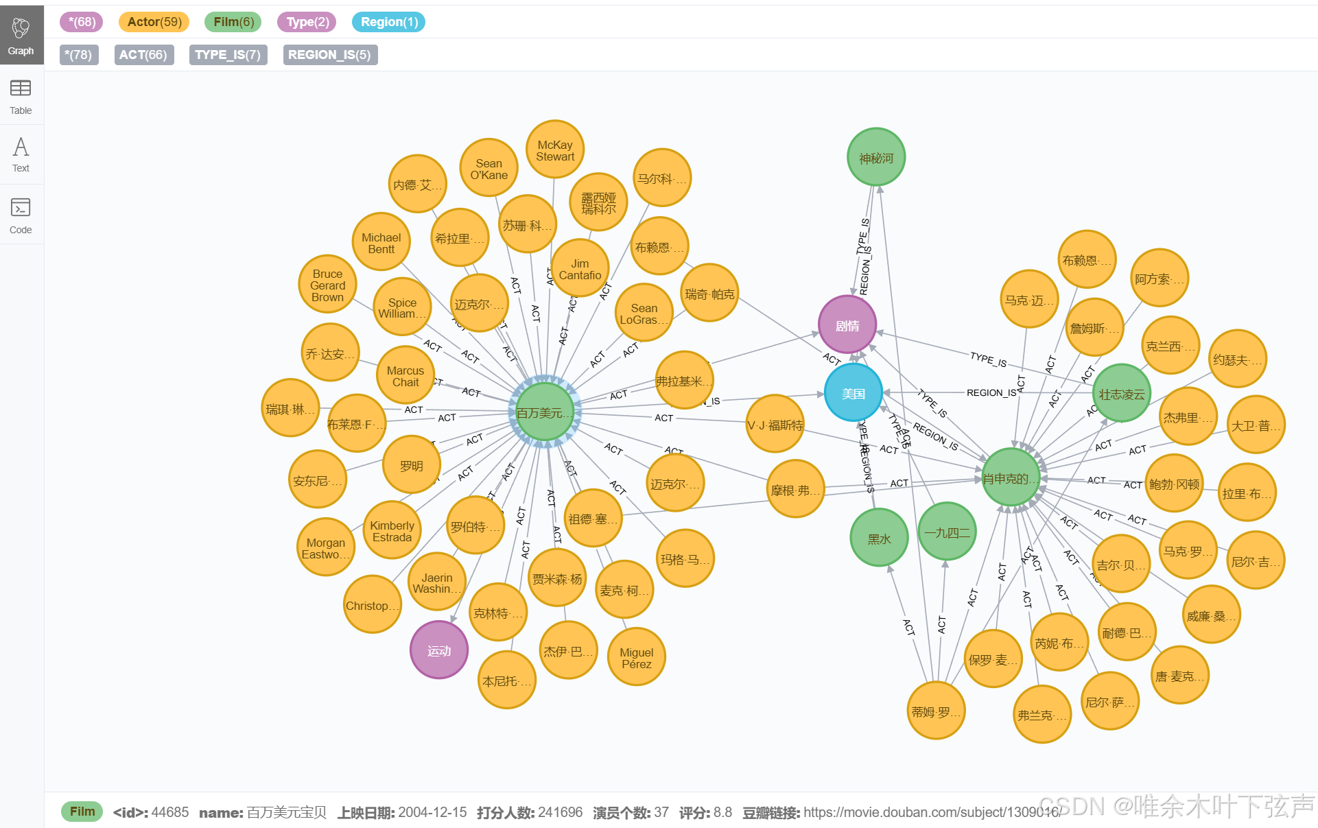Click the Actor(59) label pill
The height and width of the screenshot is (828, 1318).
[x=154, y=22]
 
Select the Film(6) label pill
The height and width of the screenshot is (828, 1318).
[x=233, y=22]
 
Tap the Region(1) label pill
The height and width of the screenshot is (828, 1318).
[x=389, y=22]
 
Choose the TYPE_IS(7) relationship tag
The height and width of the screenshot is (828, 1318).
[x=228, y=55]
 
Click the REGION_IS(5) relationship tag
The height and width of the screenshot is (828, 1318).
[x=330, y=55]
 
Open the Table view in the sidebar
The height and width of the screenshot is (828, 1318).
[x=21, y=96]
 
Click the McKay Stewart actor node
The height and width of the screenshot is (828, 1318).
[x=555, y=150]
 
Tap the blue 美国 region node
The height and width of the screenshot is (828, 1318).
[x=854, y=393]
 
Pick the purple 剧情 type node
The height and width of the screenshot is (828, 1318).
[x=847, y=325]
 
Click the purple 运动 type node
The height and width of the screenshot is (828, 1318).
[x=439, y=650]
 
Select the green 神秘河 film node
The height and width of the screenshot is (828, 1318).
[x=876, y=158]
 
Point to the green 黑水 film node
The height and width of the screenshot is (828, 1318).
[x=879, y=539]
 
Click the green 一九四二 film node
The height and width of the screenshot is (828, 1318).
[x=947, y=532]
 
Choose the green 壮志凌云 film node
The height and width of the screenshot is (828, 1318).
[x=1122, y=394]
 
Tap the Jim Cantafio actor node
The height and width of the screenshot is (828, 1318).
[x=580, y=269]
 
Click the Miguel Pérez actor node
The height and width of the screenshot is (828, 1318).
[x=637, y=658]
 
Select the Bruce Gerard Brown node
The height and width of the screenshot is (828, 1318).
[x=327, y=285]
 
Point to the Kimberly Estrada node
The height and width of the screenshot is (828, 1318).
[x=392, y=531]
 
